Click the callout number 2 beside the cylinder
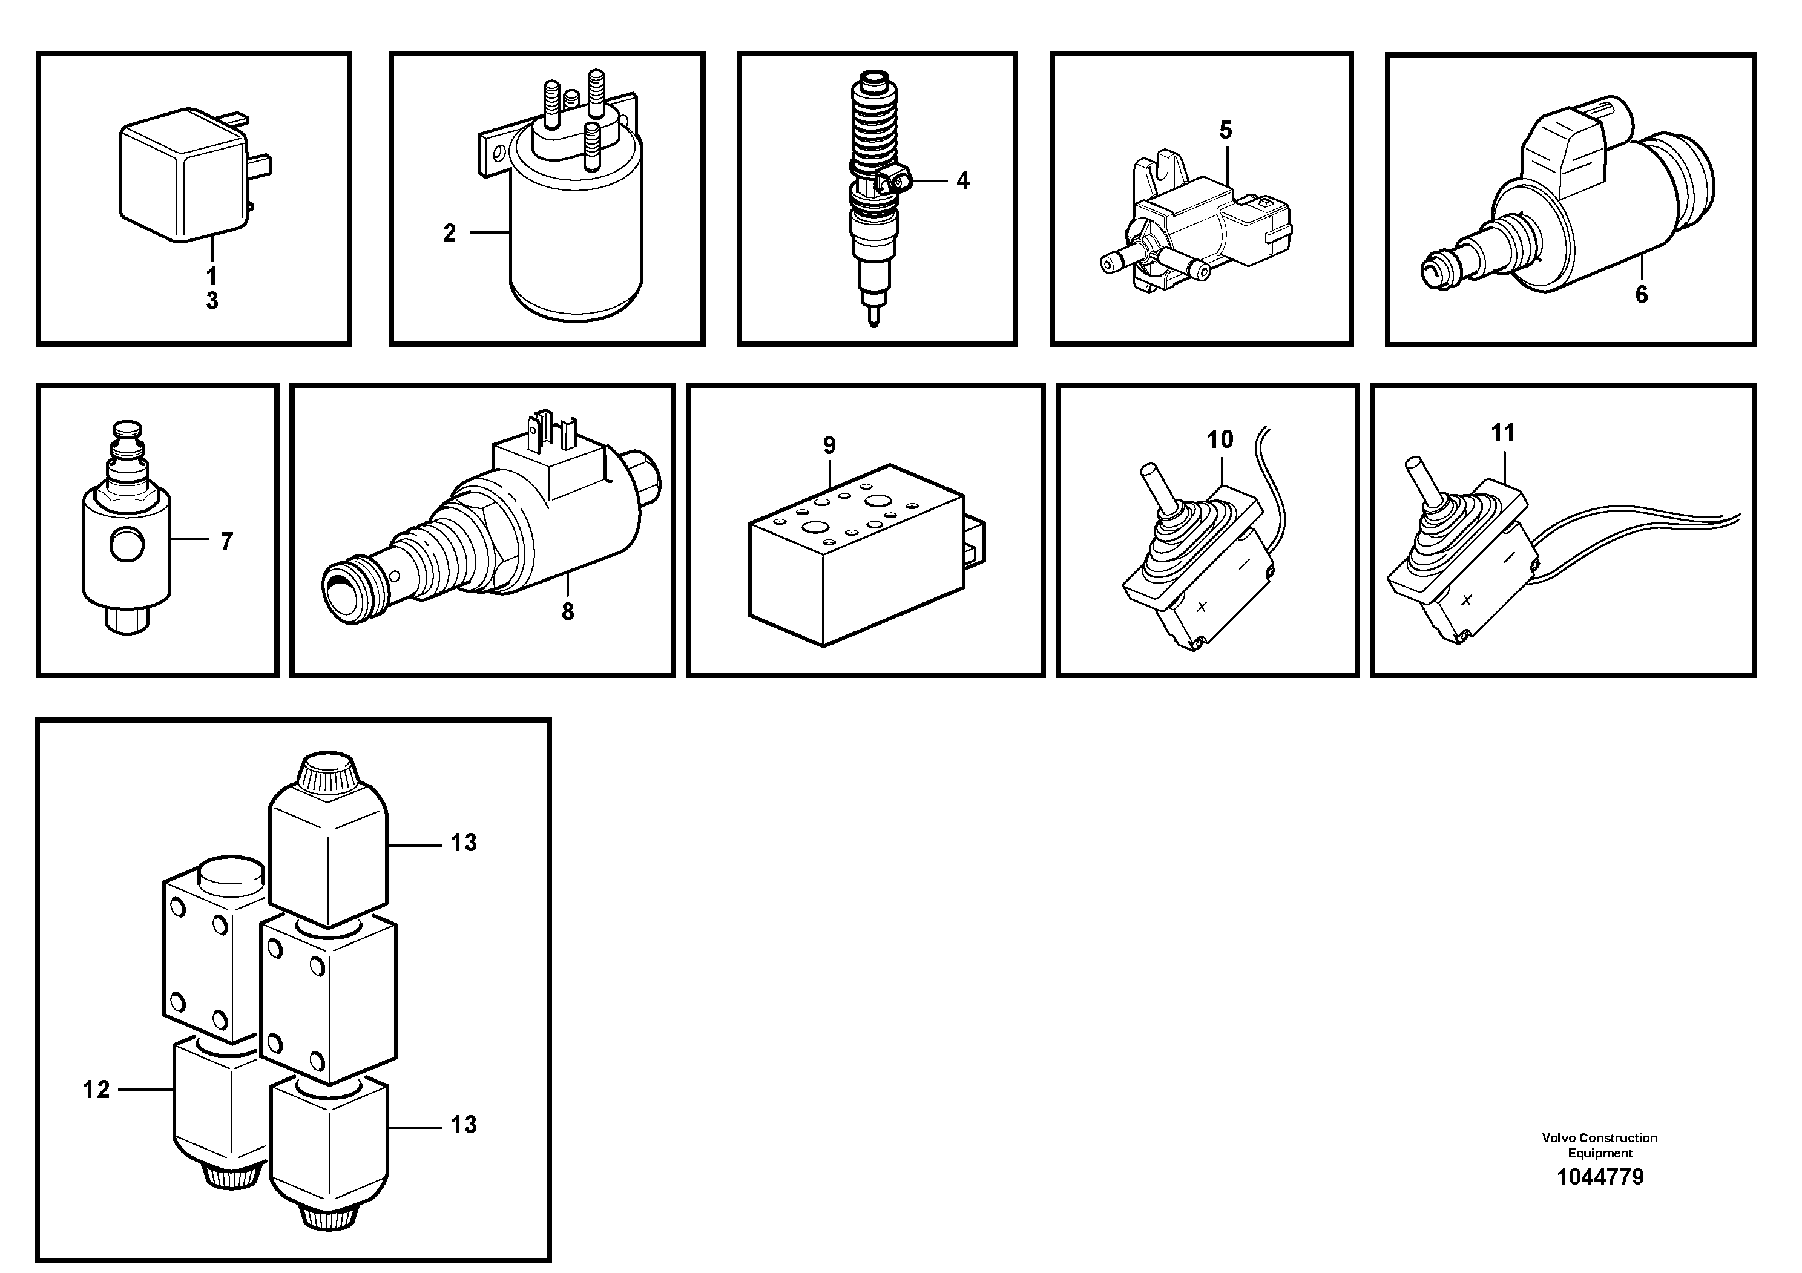point(449,233)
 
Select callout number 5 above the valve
point(1225,130)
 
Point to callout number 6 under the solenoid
point(1641,295)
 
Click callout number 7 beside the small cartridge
point(227,542)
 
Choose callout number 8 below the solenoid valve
point(567,611)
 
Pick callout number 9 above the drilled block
point(830,445)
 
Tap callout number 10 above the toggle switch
point(1220,439)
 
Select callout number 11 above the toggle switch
point(1502,432)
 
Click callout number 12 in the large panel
point(96,1090)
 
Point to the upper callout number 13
point(463,843)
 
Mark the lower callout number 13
point(463,1125)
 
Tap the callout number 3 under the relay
point(212,301)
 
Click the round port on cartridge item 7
point(127,545)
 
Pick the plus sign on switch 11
point(1466,600)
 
